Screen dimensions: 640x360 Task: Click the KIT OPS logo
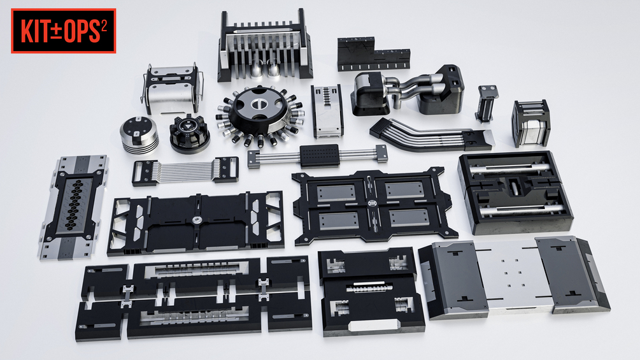(x=64, y=31)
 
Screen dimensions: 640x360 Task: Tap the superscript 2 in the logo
(x=104, y=26)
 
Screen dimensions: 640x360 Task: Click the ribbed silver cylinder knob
(x=139, y=134)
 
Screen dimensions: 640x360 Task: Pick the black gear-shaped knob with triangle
(x=190, y=133)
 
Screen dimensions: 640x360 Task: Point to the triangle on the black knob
(x=187, y=127)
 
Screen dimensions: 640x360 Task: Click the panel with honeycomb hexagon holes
(x=75, y=206)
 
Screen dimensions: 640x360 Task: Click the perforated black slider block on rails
(x=320, y=155)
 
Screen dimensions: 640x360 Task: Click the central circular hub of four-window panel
(x=372, y=203)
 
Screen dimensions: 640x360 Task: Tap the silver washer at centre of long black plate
(x=197, y=220)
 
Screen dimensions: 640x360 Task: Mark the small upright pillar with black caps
(x=487, y=104)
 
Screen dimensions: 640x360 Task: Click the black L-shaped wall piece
(x=373, y=54)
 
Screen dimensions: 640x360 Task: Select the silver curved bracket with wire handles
(x=173, y=89)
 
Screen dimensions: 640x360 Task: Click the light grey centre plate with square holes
(x=512, y=275)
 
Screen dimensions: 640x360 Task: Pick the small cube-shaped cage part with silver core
(x=531, y=123)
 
